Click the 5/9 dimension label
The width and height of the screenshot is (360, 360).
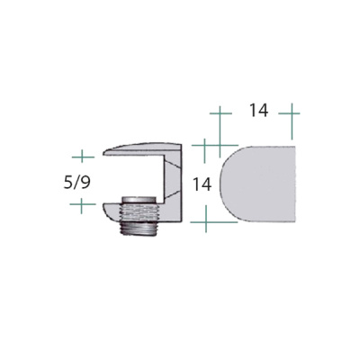pos(76,183)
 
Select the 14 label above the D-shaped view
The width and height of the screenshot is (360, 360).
pos(258,111)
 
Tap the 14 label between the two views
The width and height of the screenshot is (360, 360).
pos(202,184)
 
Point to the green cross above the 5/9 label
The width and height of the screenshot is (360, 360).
pos(83,157)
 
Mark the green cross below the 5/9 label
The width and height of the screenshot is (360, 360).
pos(82,204)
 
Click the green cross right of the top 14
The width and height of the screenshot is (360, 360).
pos(291,113)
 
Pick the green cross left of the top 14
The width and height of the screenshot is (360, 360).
pos(220,113)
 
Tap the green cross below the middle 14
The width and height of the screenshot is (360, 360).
pos(206,222)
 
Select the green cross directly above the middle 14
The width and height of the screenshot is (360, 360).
pos(204,146)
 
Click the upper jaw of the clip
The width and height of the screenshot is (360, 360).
pos(141,149)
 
